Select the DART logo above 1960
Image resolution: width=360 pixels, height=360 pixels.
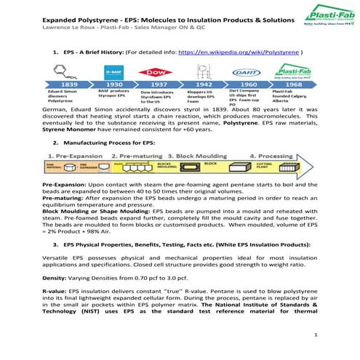click(246, 71)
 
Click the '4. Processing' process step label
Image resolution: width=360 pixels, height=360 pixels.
click(273, 156)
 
